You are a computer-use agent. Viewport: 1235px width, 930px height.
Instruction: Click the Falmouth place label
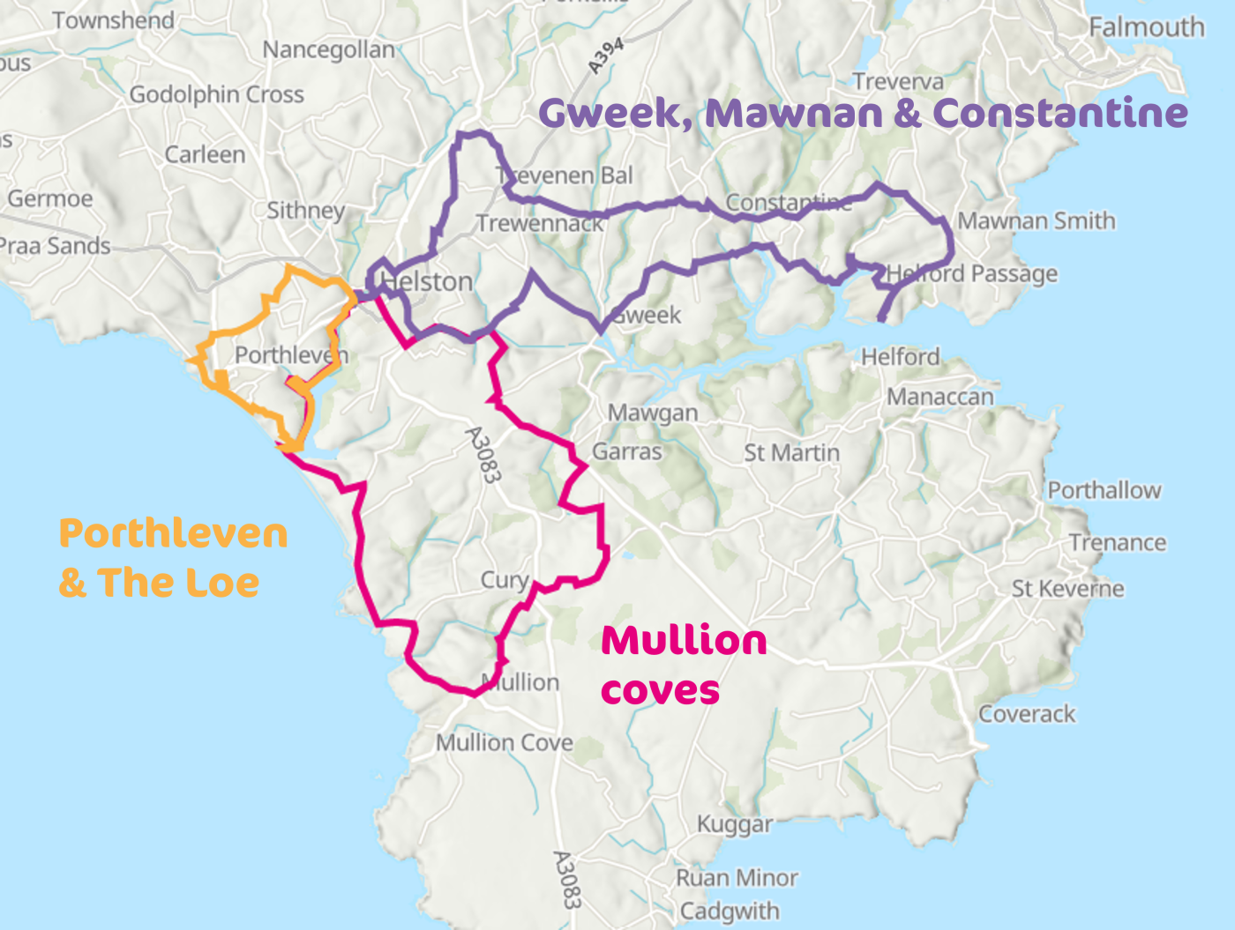click(x=1146, y=27)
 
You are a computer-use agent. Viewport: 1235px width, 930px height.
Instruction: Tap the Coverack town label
click(x=1027, y=713)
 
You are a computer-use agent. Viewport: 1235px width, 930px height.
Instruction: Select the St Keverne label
click(x=1067, y=588)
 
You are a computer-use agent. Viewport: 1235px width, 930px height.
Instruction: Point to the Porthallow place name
click(x=1104, y=490)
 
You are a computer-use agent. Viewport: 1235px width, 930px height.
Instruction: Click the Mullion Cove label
click(x=504, y=742)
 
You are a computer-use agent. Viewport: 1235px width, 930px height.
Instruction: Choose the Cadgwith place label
click(x=729, y=911)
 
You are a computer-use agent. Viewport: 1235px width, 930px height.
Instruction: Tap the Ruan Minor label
click(x=737, y=878)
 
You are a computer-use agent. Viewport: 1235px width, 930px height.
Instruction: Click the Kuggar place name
click(x=734, y=824)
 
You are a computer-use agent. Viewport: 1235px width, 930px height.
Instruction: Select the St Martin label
click(x=791, y=452)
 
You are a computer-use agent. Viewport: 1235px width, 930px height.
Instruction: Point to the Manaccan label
click(x=939, y=397)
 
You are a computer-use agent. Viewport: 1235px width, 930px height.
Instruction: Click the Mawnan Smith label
click(x=1036, y=220)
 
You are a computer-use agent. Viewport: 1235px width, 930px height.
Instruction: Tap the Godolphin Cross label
click(x=216, y=94)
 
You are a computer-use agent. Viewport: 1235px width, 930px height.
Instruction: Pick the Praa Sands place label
click(x=55, y=246)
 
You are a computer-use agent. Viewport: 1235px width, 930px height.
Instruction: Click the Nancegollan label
click(x=328, y=49)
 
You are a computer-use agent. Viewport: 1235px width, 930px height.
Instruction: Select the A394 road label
click(x=606, y=56)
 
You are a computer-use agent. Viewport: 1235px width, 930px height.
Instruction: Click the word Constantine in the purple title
click(x=1059, y=113)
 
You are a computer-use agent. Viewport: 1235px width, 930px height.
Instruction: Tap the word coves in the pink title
click(x=660, y=690)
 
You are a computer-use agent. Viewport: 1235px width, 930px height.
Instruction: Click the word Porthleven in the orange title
click(x=173, y=534)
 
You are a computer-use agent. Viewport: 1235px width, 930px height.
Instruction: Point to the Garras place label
click(x=626, y=451)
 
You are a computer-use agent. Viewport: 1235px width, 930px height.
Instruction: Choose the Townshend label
click(x=113, y=20)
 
